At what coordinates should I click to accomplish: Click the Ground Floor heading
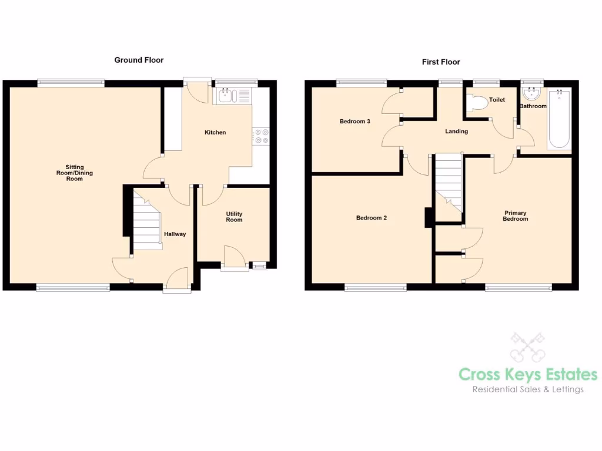pyautogui.click(x=139, y=60)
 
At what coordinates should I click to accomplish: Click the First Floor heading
pyautogui.click(x=441, y=62)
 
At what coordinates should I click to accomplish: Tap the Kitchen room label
pyautogui.click(x=215, y=133)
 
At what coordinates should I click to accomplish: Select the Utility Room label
pyautogui.click(x=234, y=217)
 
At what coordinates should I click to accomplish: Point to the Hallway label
pyautogui.click(x=175, y=234)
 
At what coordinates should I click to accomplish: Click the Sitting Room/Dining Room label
pyautogui.click(x=75, y=173)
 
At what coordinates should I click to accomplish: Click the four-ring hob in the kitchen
pyautogui.click(x=260, y=136)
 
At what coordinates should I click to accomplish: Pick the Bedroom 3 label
pyautogui.click(x=355, y=122)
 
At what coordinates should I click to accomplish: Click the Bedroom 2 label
pyautogui.click(x=372, y=218)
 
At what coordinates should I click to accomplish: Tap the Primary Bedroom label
pyautogui.click(x=515, y=216)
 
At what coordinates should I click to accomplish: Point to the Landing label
pyautogui.click(x=456, y=132)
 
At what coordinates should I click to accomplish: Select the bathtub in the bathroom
pyautogui.click(x=558, y=119)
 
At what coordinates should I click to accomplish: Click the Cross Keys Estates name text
pyautogui.click(x=528, y=374)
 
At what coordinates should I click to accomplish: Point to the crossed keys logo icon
pyautogui.click(x=527, y=347)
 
